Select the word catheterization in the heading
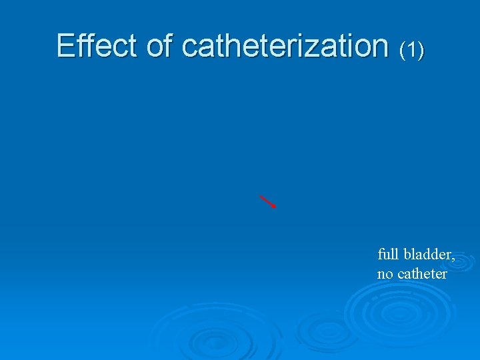285,45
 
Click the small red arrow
268,202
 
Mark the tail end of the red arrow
260,196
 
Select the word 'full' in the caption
387,254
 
